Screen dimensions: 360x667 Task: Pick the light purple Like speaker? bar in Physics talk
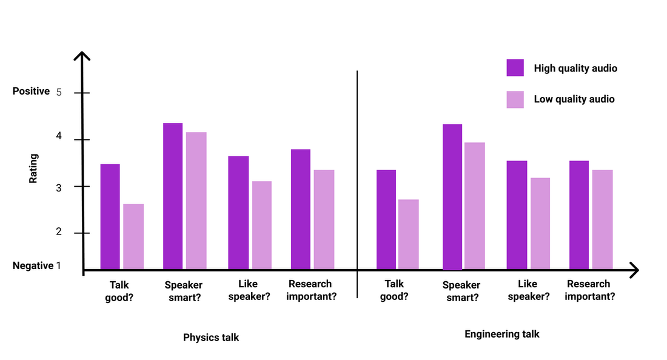pyautogui.click(x=262, y=225)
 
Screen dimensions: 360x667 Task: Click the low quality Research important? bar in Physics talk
pyautogui.click(x=324, y=219)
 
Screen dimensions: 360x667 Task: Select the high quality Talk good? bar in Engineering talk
pyautogui.click(x=386, y=219)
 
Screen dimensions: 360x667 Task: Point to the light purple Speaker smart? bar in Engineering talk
pyautogui.click(x=475, y=205)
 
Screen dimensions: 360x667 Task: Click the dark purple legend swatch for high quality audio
pyautogui.click(x=515, y=68)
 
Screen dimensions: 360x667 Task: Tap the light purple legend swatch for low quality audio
pyautogui.click(x=515, y=99)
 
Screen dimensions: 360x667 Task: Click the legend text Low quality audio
pyautogui.click(x=574, y=99)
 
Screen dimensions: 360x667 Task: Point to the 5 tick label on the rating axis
pyautogui.click(x=59, y=93)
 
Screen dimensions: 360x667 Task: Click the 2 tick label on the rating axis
pyautogui.click(x=59, y=233)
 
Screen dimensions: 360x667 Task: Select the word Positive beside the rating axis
pyautogui.click(x=31, y=92)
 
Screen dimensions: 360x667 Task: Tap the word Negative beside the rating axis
pyautogui.click(x=33, y=265)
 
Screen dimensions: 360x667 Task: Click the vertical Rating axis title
pyautogui.click(x=34, y=168)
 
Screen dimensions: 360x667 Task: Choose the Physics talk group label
pyautogui.click(x=211, y=338)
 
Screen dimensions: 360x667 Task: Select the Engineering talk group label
pyautogui.click(x=501, y=334)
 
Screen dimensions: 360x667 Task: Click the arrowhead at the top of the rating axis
pyautogui.click(x=82, y=56)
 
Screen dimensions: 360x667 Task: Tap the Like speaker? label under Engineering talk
pyautogui.click(x=529, y=290)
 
